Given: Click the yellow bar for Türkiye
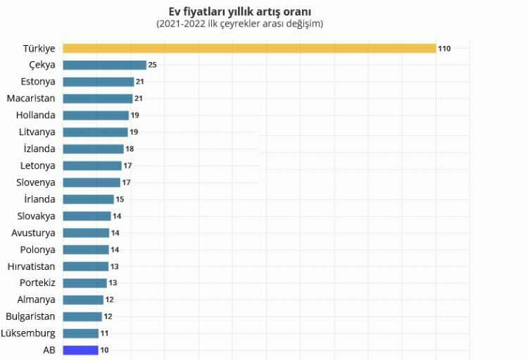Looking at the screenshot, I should pos(249,49).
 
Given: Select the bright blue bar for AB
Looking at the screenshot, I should pos(80,350).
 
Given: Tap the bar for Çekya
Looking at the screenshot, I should pos(104,65).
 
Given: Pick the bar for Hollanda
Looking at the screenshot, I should pos(96,116).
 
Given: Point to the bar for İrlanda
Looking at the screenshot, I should pos(88,199).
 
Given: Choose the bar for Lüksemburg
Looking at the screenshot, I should pos(80,333).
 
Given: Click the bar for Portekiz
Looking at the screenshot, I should pos(84,283).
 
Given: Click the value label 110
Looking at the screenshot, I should pos(444,49).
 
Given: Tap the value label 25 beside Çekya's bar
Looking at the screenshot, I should pos(152,65).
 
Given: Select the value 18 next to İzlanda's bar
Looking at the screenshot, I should pos(130,149).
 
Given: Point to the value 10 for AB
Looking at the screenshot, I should pos(104,350).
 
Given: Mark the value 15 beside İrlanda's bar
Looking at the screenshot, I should pos(120,199).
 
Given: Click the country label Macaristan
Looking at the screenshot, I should pos(30,99).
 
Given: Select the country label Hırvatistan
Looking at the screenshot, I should pos(31,266).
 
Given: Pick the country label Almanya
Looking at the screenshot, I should pos(37,299).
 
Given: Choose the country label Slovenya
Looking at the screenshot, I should pos(36,182).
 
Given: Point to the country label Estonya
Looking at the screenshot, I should pos(37,82).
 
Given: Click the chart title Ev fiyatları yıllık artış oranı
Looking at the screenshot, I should pos(240,11).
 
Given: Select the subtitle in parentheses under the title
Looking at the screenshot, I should pos(240,24).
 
